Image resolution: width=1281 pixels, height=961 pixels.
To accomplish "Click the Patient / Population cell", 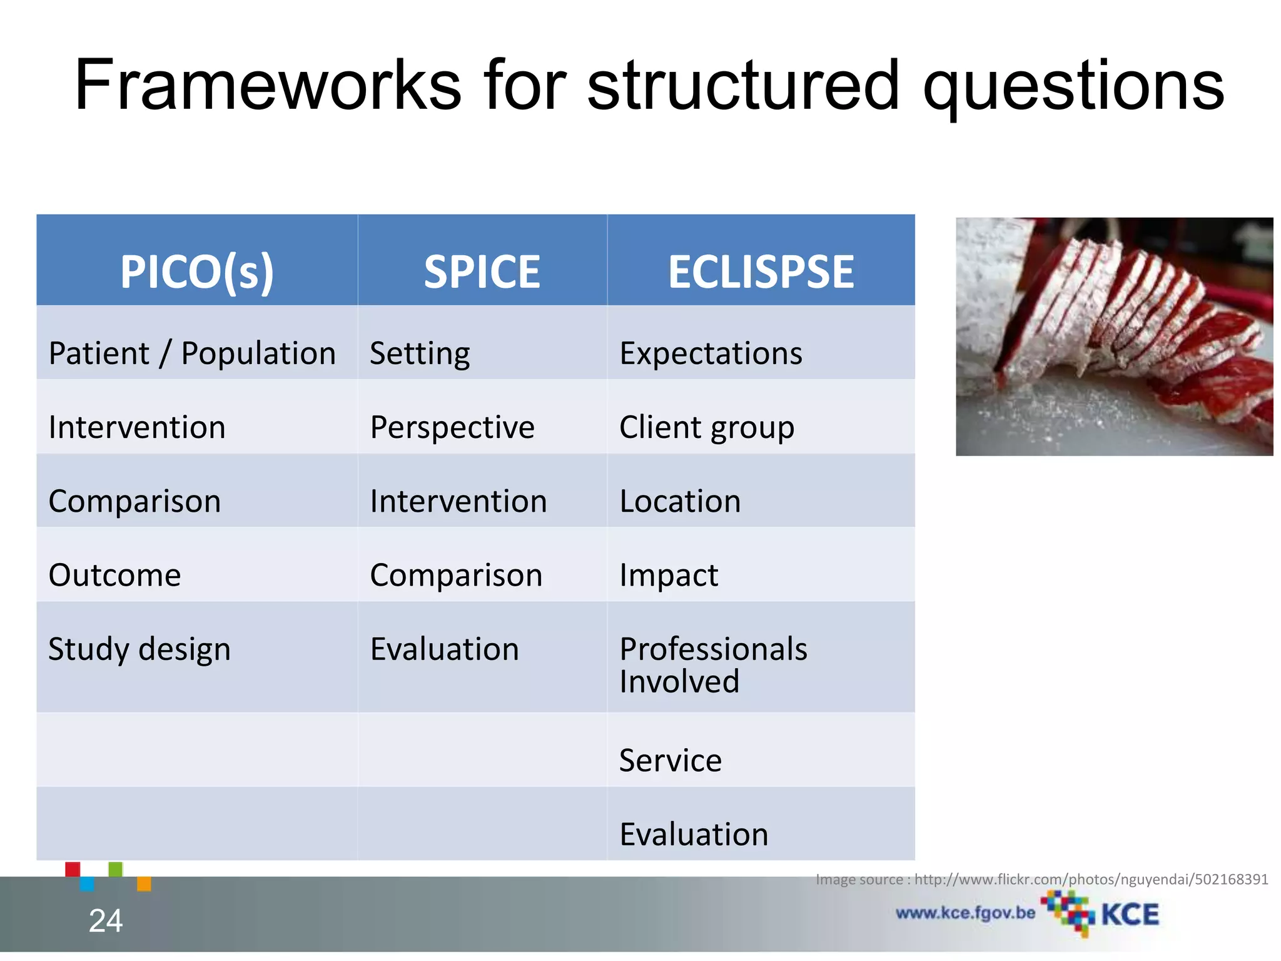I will click(192, 353).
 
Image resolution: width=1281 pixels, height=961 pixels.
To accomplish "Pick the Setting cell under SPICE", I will click(420, 353).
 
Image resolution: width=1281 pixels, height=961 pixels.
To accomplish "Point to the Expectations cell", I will click(711, 353).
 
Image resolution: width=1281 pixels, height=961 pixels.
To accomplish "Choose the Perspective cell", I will click(452, 427).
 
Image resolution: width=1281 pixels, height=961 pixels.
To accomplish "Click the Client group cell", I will click(707, 427).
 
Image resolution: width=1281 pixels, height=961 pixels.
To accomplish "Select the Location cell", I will click(680, 501).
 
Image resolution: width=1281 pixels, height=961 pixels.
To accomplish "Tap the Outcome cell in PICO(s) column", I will click(115, 575).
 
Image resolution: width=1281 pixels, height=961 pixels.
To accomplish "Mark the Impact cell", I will click(669, 575).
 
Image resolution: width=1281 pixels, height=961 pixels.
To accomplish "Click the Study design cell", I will click(139, 649).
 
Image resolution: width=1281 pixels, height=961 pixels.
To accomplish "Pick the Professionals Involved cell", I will click(713, 664).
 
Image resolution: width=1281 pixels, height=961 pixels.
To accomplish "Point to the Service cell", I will click(671, 760).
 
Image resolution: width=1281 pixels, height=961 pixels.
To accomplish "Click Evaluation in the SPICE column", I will click(445, 649).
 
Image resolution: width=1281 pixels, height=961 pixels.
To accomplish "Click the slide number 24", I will click(106, 920).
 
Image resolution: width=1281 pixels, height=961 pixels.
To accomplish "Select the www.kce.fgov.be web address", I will click(965, 913).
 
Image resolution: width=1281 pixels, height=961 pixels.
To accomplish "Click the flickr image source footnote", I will click(1041, 879).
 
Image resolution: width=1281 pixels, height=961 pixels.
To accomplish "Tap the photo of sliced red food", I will click(1114, 337).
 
